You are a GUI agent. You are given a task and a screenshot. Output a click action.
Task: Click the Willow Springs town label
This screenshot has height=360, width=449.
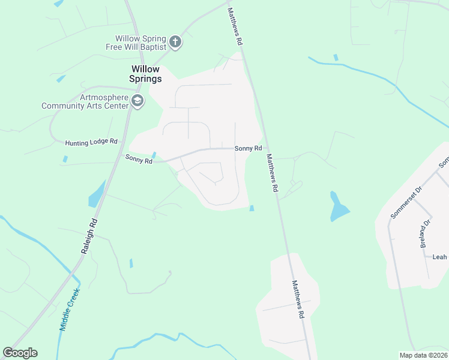click(146, 74)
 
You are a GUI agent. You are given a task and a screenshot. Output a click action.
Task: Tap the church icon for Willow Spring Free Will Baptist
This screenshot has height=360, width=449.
click(175, 41)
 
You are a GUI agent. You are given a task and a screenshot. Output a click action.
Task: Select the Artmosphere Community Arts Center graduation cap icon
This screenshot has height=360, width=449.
click(137, 101)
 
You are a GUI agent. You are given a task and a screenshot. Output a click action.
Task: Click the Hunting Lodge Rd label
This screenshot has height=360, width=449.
click(91, 142)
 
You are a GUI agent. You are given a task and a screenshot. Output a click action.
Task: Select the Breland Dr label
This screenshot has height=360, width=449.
click(425, 233)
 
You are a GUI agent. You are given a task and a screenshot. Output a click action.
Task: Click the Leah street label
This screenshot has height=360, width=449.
click(440, 257)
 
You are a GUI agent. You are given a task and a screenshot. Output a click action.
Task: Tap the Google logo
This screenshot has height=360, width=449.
click(20, 353)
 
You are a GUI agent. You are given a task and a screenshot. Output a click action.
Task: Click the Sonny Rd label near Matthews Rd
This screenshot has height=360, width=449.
click(248, 148)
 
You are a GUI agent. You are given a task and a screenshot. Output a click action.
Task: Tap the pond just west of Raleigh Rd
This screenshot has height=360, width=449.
click(96, 193)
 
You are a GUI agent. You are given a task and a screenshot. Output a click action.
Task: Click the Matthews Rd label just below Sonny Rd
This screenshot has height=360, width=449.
click(272, 172)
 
